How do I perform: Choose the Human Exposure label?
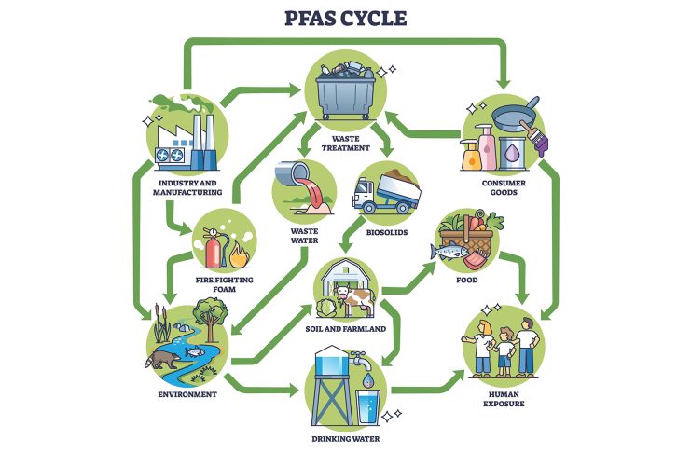coord(504,398)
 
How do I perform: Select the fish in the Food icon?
coord(452,253)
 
